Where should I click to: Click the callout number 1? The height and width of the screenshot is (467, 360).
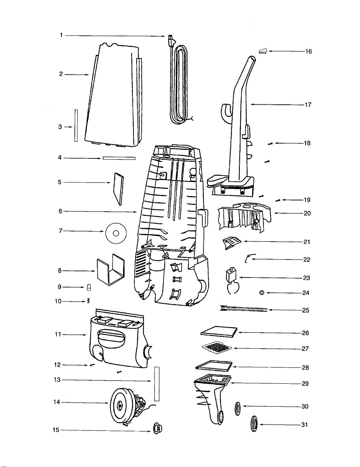[61, 35]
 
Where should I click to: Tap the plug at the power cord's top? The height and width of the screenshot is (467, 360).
[170, 39]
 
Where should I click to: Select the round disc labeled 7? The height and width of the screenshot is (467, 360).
[116, 233]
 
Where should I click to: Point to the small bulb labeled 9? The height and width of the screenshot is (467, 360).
[89, 287]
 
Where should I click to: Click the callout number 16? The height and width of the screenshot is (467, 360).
[308, 51]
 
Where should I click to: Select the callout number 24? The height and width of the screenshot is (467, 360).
[306, 293]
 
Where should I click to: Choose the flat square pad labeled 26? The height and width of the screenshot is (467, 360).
[219, 331]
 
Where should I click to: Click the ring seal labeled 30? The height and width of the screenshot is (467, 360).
[237, 409]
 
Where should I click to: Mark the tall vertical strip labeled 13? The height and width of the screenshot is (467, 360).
[157, 384]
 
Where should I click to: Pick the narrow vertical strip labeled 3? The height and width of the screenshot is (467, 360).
[76, 125]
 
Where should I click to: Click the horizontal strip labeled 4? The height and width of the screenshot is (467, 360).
[119, 158]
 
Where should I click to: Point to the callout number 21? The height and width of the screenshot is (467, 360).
[307, 242]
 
